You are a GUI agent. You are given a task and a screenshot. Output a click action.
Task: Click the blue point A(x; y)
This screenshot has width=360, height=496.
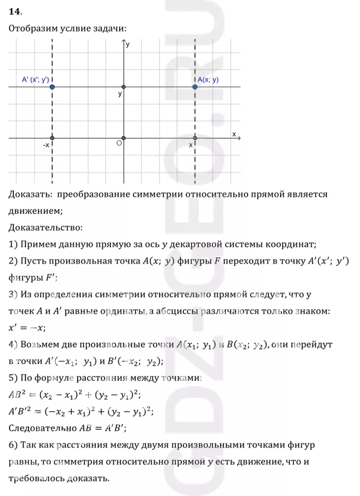[x=195, y=87]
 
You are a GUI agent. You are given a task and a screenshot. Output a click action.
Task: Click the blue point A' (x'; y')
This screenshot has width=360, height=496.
[x=52, y=87]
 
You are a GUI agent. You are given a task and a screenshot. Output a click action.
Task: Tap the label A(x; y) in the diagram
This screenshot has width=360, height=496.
[x=208, y=80]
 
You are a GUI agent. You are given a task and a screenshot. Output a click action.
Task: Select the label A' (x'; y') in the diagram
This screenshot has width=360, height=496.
[x=35, y=80]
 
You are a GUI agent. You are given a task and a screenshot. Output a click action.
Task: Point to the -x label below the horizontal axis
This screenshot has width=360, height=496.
[x=46, y=145]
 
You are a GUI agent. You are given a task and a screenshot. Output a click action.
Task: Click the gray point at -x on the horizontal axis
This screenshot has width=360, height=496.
[x=52, y=138]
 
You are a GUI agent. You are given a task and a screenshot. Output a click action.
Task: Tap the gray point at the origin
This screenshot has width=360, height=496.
[x=124, y=138]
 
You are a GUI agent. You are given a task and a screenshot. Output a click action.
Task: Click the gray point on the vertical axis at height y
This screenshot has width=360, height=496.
[x=124, y=87]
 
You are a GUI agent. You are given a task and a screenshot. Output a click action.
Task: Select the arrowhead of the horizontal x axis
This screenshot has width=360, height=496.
[x=240, y=138]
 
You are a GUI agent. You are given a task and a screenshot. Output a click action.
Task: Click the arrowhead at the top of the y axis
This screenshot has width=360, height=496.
[x=124, y=43]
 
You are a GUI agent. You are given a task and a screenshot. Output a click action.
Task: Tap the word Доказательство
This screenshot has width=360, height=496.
[x=45, y=228]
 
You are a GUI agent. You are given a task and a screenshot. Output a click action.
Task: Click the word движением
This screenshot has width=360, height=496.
[x=35, y=211]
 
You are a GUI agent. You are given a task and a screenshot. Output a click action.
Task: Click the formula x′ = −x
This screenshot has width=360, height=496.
[x=27, y=328]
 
